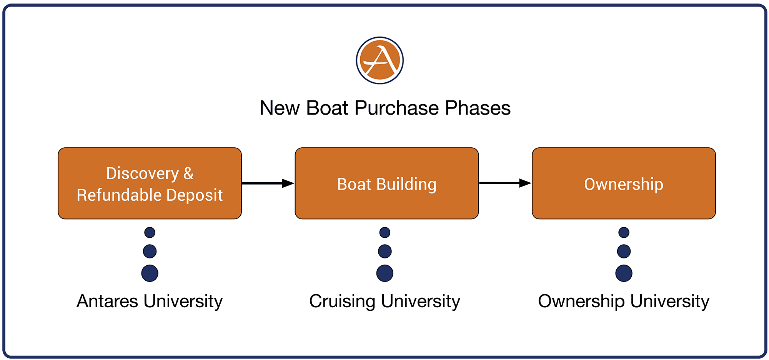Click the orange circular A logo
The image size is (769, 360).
380,60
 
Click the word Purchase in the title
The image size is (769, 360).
397,108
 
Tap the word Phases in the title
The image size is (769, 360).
478,108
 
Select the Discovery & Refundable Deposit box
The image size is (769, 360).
150,183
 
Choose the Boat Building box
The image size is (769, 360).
387,183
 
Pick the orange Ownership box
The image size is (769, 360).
624,183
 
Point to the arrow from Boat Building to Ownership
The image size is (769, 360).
505,183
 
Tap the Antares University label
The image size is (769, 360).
150,301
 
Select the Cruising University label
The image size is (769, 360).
384,302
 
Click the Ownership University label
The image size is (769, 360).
624,302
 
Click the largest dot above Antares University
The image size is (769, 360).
150,273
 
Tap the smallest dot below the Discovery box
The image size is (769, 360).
150,232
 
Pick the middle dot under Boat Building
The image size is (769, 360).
385,252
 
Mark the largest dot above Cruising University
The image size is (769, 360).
385,273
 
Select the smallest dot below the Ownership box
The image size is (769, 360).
624,232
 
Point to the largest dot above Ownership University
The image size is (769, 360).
624,273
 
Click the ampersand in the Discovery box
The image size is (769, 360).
188,173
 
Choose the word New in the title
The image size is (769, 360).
280,108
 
